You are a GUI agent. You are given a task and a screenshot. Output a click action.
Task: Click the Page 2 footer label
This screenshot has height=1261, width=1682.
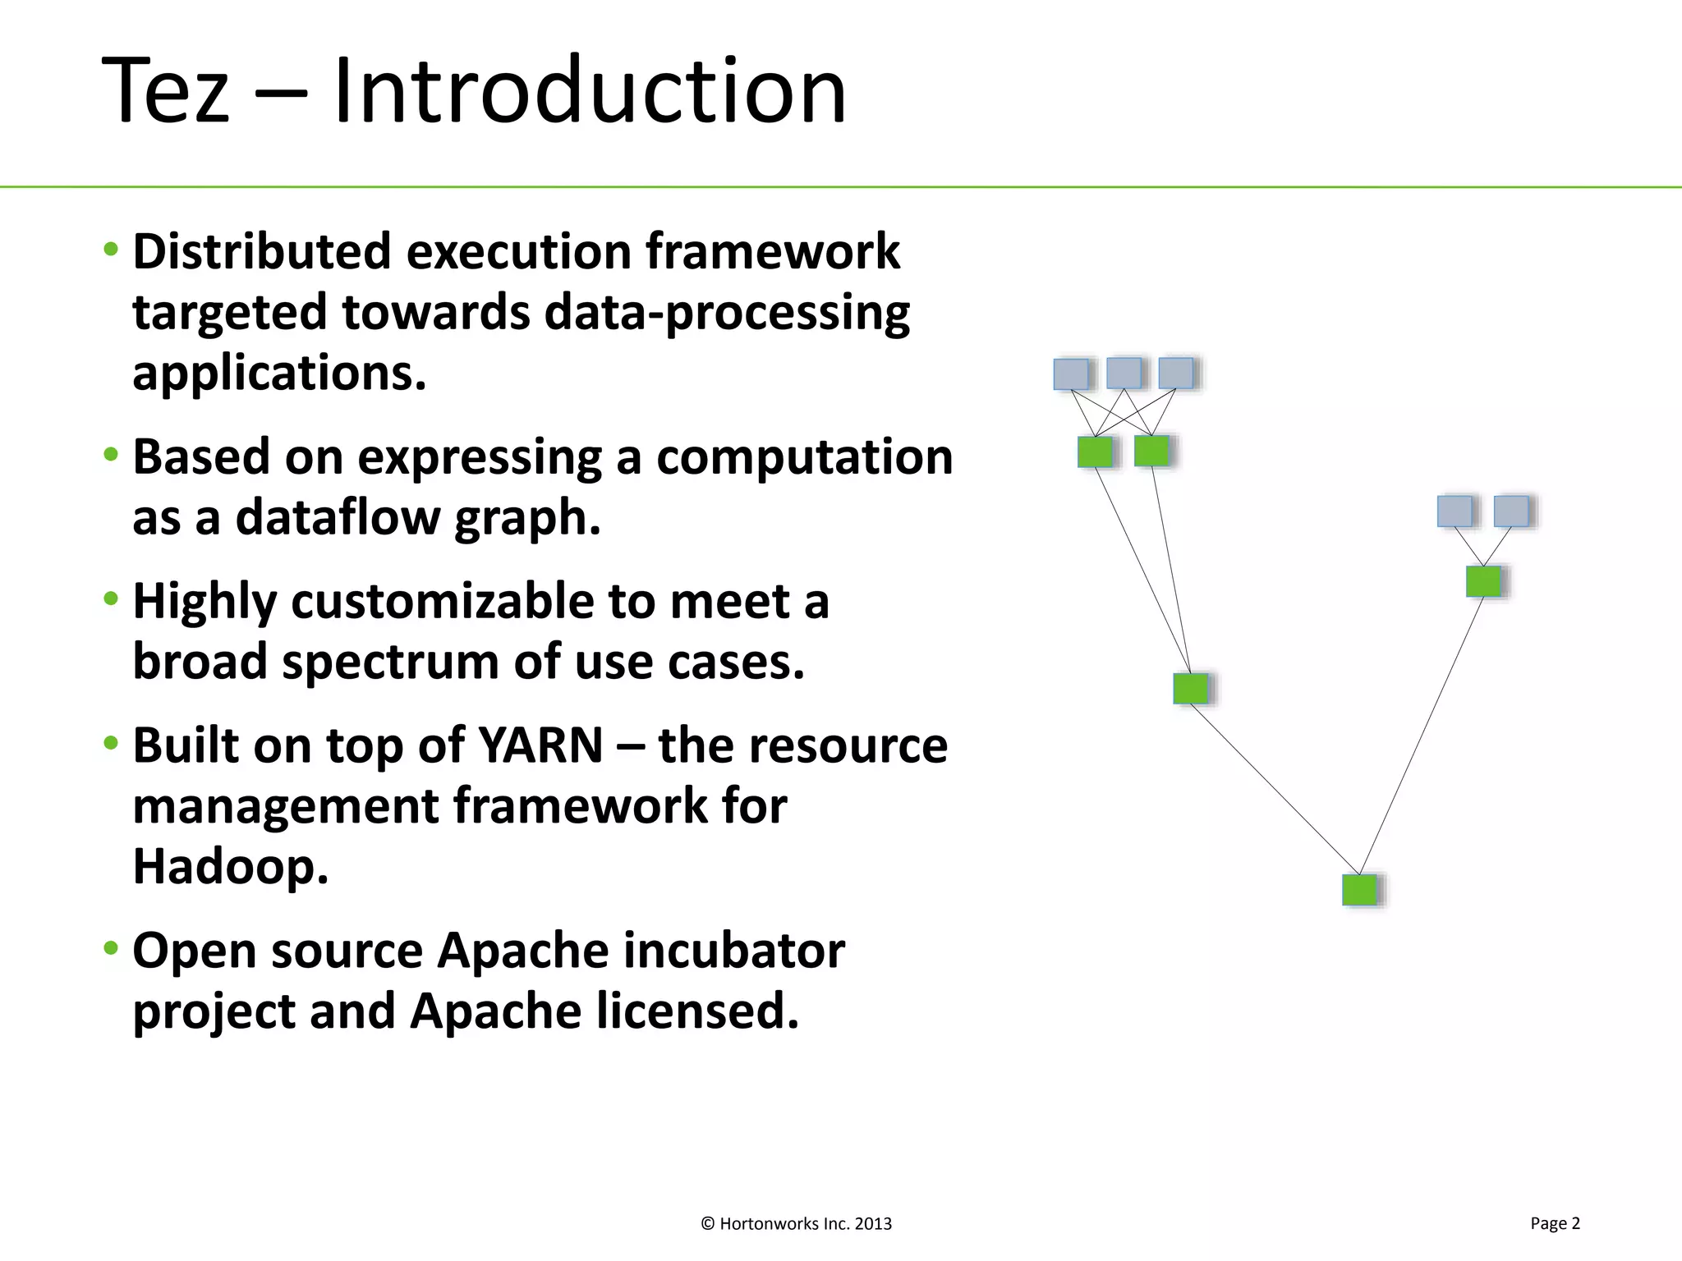1555,1223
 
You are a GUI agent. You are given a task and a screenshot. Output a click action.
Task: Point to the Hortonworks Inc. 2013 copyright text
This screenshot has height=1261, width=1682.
796,1224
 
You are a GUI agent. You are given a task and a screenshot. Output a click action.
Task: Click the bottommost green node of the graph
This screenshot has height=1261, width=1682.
1359,890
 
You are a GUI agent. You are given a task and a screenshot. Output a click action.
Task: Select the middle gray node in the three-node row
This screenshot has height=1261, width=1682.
1123,373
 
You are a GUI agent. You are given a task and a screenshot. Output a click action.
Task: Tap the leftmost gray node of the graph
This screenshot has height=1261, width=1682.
1070,374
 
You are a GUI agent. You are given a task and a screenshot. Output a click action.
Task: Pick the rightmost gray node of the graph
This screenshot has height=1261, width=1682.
1510,511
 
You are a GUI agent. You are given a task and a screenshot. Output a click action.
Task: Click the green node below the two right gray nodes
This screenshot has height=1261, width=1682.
1483,581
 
